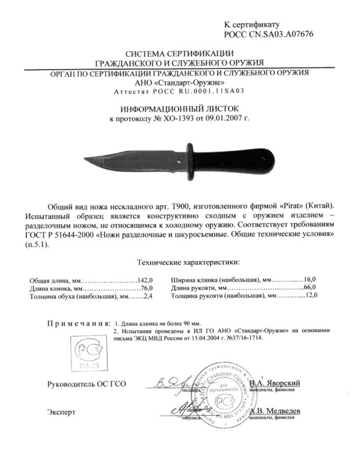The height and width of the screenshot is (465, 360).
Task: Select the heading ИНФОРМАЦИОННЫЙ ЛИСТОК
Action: (x=180, y=109)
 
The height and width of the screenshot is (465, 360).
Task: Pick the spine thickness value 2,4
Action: (x=147, y=296)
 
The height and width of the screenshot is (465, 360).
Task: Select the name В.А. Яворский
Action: (x=274, y=384)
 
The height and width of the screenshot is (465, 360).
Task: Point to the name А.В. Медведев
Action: (x=275, y=411)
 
